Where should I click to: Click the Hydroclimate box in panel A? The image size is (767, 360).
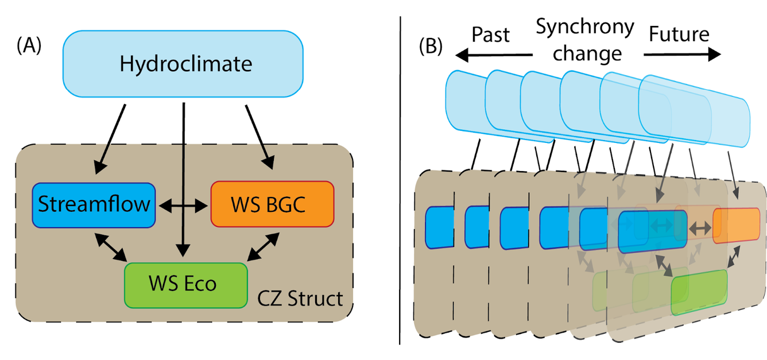tap(185, 64)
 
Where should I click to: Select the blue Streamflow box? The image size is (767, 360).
tap(94, 205)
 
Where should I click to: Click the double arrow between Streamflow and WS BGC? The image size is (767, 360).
tap(183, 205)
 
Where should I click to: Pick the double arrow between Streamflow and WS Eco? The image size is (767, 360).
tap(109, 247)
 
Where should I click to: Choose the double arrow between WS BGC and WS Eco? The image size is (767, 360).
tap(261, 247)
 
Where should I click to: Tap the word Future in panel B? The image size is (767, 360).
tap(679, 34)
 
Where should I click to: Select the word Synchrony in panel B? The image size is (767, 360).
tap(584, 26)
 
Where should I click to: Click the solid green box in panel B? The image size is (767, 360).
tap(699, 292)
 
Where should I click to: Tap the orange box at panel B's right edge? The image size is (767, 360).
tap(736, 226)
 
